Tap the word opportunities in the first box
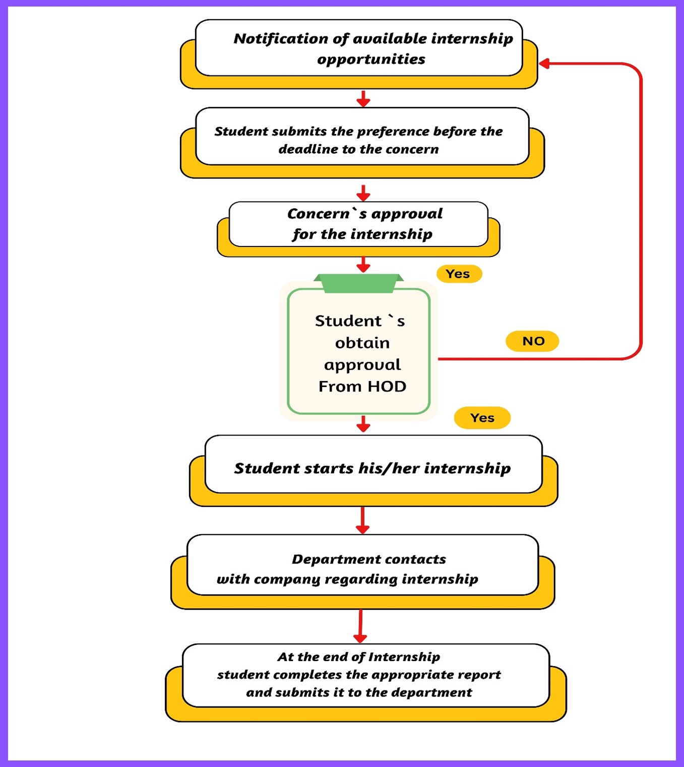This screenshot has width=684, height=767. (x=371, y=59)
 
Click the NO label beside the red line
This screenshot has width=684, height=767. (x=533, y=341)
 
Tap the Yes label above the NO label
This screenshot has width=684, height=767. (x=458, y=274)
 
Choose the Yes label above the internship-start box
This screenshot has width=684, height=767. (x=482, y=418)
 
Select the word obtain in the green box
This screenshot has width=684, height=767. (x=362, y=343)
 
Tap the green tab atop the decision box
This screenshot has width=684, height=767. (x=358, y=283)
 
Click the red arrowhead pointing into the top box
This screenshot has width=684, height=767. (x=544, y=63)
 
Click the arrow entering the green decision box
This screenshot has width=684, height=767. (x=363, y=265)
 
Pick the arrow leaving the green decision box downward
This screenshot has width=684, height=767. (x=363, y=424)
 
